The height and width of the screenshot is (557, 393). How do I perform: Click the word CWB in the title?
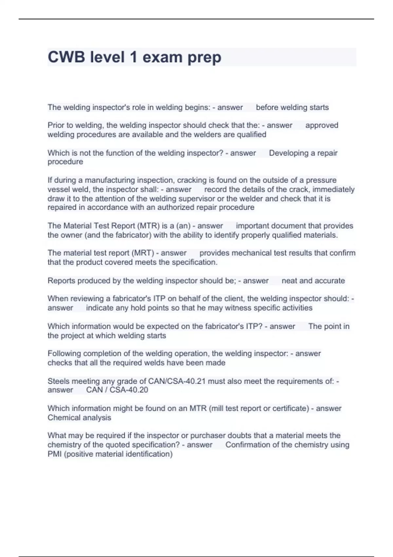66,57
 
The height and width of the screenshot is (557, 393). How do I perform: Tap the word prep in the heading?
204,58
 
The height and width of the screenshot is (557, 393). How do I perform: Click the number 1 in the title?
133,57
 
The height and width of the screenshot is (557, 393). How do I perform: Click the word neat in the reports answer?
289,280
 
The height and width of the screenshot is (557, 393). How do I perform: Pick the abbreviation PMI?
55,454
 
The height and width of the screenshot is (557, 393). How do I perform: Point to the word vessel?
58,189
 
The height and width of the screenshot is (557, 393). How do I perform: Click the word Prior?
56,125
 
